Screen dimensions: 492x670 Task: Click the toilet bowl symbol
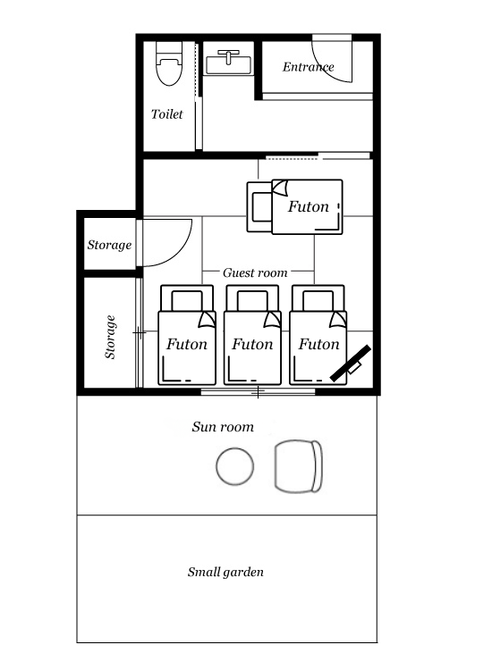(169, 63)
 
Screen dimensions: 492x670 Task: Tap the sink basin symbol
(229, 63)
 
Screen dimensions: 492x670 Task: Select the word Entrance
(308, 67)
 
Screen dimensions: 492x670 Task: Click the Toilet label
(167, 114)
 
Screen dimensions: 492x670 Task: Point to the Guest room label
(255, 272)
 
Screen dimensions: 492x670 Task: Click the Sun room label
(223, 426)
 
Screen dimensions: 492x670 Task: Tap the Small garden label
(225, 572)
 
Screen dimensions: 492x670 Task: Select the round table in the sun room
(235, 466)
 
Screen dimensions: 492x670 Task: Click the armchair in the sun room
(298, 466)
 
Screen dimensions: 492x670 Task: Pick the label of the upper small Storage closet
(109, 245)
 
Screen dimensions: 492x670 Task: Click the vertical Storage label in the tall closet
(110, 337)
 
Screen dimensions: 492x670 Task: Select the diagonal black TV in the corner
(351, 364)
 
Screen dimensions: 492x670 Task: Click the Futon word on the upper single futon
(308, 207)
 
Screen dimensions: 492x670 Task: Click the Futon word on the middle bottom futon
(252, 344)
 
